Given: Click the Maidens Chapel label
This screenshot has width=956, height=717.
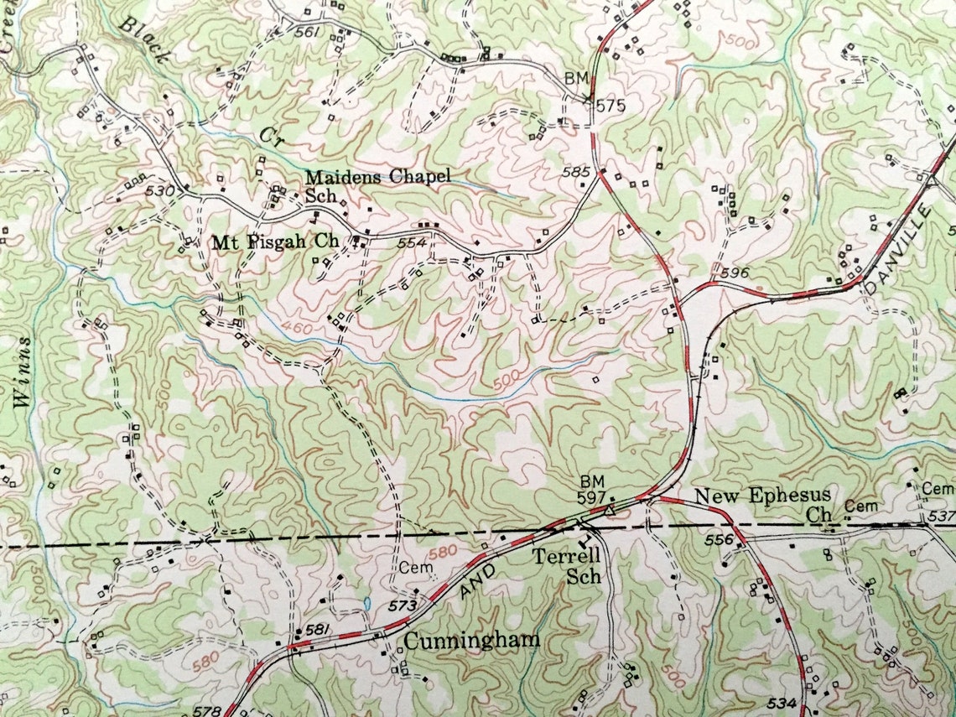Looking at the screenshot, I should click(377, 177).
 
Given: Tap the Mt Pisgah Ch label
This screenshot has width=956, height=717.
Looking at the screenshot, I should click(275, 242).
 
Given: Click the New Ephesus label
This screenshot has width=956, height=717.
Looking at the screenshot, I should click(762, 496).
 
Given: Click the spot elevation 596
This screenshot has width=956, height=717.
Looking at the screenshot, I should click(734, 273).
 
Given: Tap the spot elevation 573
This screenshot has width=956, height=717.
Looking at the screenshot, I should click(403, 605).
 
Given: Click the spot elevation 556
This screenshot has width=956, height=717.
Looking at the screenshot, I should click(719, 541).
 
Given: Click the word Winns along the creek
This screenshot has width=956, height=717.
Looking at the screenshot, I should click(23, 372).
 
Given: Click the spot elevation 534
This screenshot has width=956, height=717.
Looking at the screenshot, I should click(781, 700).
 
